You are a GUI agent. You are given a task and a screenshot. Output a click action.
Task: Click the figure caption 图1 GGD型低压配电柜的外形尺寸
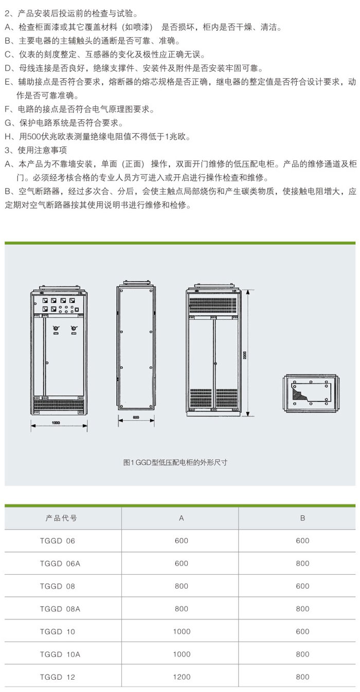[175, 462]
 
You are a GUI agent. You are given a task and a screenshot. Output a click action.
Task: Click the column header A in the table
[182, 518]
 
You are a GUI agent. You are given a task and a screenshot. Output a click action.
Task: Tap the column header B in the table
[302, 518]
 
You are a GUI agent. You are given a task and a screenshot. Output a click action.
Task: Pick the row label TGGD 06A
[60, 563]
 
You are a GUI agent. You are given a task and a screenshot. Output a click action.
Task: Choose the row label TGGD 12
[57, 677]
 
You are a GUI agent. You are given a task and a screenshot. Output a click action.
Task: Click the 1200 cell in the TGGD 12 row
[182, 677]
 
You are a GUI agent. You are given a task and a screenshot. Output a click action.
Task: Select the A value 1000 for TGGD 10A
[182, 654]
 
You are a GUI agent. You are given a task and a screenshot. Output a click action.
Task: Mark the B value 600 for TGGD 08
[302, 586]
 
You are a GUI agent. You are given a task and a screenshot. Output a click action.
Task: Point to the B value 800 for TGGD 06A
[302, 563]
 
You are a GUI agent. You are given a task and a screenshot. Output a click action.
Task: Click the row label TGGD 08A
[60, 609]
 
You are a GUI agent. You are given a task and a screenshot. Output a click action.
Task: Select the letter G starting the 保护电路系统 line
[7, 123]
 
